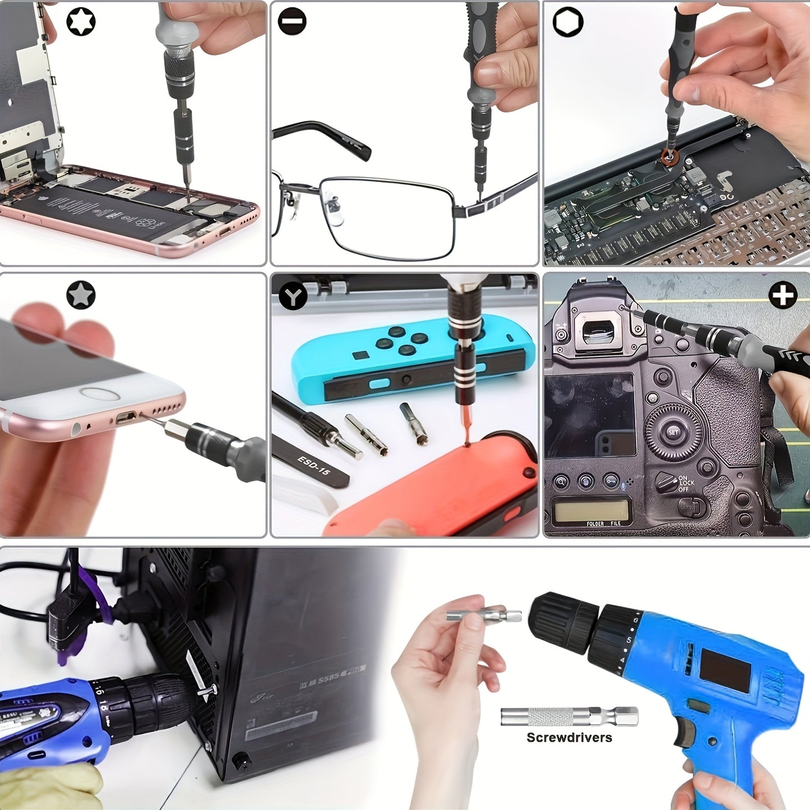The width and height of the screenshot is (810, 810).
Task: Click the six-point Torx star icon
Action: pyautogui.click(x=81, y=22)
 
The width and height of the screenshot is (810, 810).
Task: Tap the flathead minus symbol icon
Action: pyautogui.click(x=292, y=22)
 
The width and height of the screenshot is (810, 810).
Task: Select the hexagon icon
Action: pyautogui.click(x=568, y=22)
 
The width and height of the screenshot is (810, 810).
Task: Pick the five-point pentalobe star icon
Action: pyautogui.click(x=81, y=295)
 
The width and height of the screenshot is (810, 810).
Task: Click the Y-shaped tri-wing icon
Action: pyautogui.click(x=293, y=295)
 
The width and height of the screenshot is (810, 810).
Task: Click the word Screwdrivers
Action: pyautogui.click(x=569, y=738)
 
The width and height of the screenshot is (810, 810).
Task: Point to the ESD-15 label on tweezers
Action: pyautogui.click(x=314, y=465)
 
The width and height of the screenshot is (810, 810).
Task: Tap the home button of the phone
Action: pyautogui.click(x=100, y=394)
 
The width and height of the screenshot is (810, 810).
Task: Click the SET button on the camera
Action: pyautogui.click(x=673, y=432)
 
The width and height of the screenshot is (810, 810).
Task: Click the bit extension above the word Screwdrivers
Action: pyautogui.click(x=569, y=716)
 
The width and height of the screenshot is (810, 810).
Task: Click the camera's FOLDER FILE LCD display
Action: pyautogui.click(x=591, y=511)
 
